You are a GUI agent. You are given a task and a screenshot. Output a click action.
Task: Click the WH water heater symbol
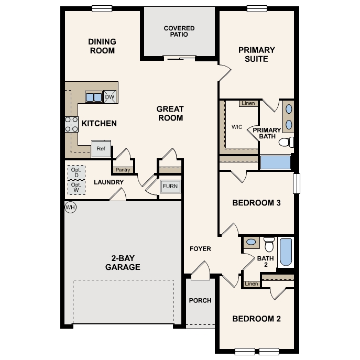click(70, 208)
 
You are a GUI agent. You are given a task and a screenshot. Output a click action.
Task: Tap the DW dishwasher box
click(110, 97)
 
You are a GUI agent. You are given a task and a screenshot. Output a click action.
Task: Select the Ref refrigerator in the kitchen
click(101, 149)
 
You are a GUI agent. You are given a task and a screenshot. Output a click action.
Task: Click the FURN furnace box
click(170, 187)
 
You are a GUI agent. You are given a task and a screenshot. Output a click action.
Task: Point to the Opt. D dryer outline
click(76, 172)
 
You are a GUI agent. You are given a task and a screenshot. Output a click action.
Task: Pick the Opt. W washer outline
click(76, 187)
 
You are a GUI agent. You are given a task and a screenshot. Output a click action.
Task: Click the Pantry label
click(123, 170)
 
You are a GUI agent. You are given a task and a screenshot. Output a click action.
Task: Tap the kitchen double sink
click(94, 97)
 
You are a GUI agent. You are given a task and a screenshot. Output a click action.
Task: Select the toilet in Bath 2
click(269, 245)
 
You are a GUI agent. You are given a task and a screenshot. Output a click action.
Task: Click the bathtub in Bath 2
click(286, 252)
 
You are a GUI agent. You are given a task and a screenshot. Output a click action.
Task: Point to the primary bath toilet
click(286, 142)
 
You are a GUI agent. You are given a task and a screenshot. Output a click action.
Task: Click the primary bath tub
click(275, 162)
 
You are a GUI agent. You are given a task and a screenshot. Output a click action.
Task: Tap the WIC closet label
click(237, 127)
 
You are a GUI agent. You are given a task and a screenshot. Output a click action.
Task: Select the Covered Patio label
click(179, 31)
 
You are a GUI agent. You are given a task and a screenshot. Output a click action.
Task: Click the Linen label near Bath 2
click(252, 284)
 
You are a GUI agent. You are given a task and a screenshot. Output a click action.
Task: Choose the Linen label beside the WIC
click(248, 103)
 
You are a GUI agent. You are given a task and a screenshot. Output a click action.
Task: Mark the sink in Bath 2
click(252, 242)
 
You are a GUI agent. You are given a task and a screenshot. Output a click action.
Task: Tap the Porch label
click(200, 300)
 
